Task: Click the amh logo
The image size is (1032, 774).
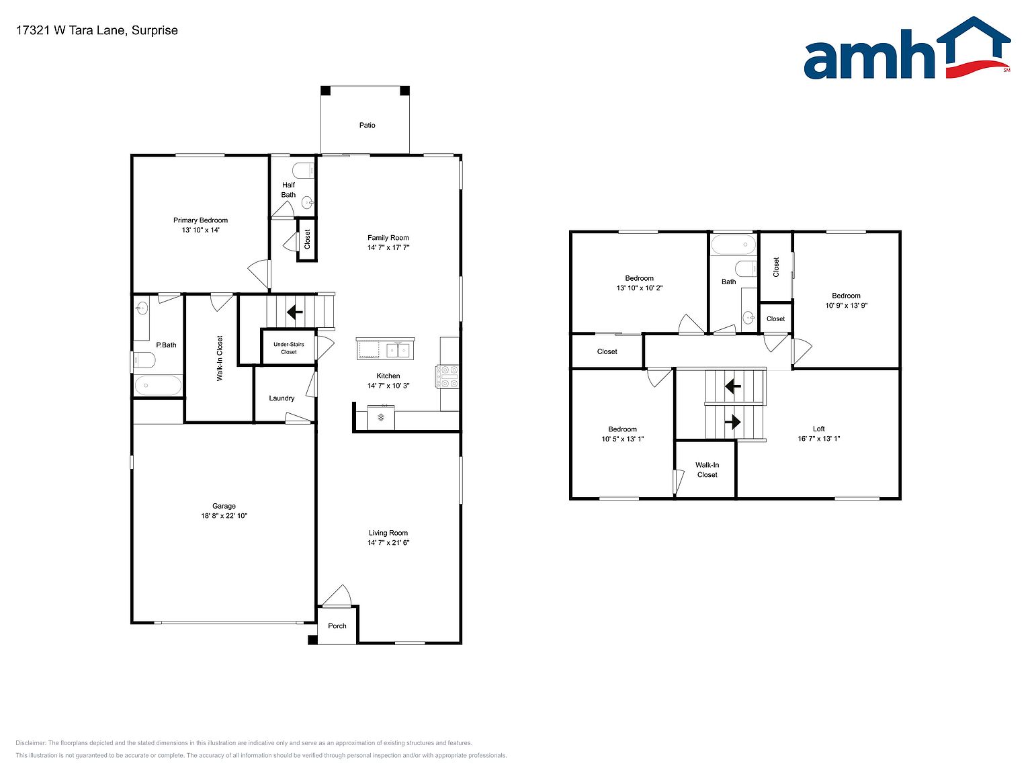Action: (907, 48)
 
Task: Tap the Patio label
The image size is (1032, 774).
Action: (368, 125)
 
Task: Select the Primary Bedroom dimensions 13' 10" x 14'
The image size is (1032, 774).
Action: (201, 230)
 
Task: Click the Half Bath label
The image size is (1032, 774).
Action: (289, 190)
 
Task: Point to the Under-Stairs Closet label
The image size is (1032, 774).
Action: (289, 348)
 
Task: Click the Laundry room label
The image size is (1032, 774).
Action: (282, 398)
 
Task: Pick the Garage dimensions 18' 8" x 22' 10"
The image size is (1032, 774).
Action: (224, 515)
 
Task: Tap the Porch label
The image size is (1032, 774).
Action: (337, 626)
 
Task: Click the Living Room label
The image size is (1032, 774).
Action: (388, 533)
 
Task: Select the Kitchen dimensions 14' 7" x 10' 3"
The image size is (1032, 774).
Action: (388, 386)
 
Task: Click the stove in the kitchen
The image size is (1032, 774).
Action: (447, 377)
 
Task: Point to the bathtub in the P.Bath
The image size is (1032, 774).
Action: (158, 386)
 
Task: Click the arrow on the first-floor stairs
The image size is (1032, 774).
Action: (295, 312)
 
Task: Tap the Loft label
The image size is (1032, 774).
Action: (818, 429)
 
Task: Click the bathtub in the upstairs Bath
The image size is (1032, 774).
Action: (733, 245)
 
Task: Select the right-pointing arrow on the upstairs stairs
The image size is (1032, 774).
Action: (733, 422)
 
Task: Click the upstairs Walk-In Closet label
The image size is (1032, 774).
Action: (707, 470)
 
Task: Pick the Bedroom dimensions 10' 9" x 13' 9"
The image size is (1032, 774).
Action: (847, 306)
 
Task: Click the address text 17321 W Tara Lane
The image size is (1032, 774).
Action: (71, 30)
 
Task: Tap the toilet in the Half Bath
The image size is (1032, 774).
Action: (303, 170)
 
